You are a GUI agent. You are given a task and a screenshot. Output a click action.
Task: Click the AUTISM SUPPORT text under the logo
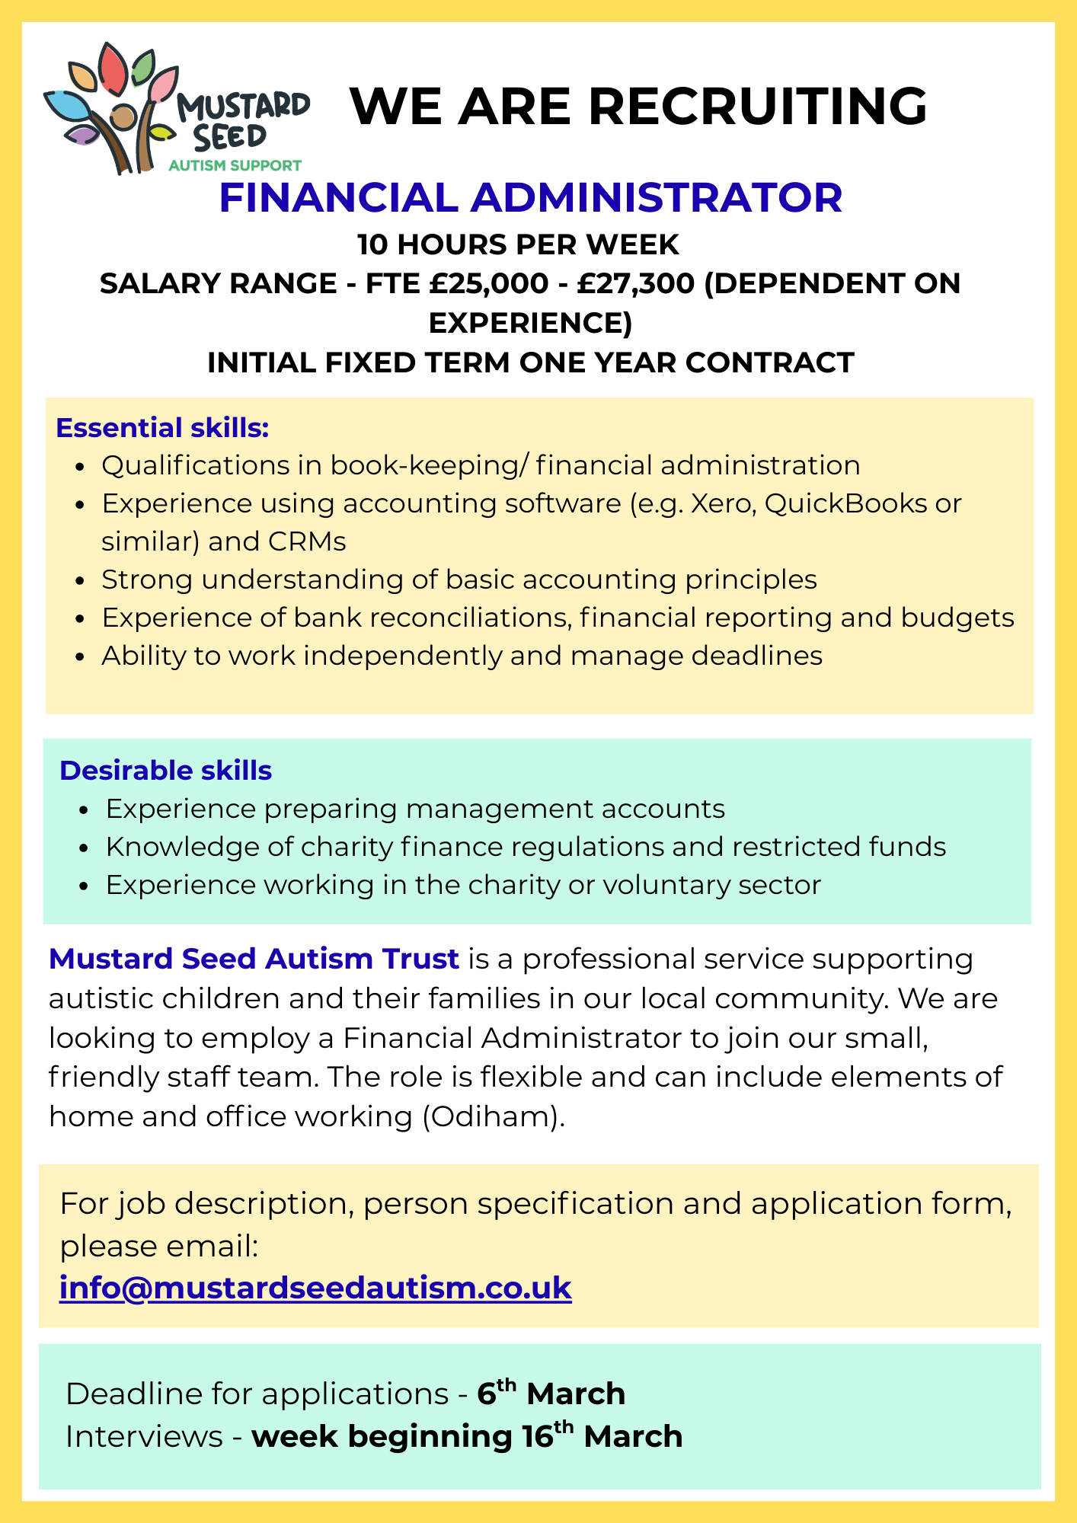pos(235,165)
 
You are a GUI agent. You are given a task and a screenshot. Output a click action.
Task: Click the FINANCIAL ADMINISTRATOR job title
pos(530,197)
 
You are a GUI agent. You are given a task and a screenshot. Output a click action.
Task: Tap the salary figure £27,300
pos(636,283)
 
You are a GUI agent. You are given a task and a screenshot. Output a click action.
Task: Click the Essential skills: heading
pos(162,428)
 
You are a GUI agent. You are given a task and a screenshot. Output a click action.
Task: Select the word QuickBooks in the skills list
pos(845,503)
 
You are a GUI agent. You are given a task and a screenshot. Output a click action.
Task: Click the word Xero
pos(723,503)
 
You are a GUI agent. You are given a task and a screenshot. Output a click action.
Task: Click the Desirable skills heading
pos(165,771)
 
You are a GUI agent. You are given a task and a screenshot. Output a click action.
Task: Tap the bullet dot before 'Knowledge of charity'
pos(85,848)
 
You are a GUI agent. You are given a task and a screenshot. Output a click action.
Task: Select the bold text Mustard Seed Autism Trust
pos(254,959)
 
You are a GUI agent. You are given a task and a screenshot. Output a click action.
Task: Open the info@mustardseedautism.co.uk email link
pos(315,1288)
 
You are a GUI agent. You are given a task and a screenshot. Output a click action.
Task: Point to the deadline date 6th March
pos(551,1394)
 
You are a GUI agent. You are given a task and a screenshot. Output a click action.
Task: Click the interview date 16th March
pos(602,1436)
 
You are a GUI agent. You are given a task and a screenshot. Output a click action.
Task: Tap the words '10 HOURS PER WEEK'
pos(518,244)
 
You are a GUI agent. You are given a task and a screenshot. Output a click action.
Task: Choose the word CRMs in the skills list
pos(307,541)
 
